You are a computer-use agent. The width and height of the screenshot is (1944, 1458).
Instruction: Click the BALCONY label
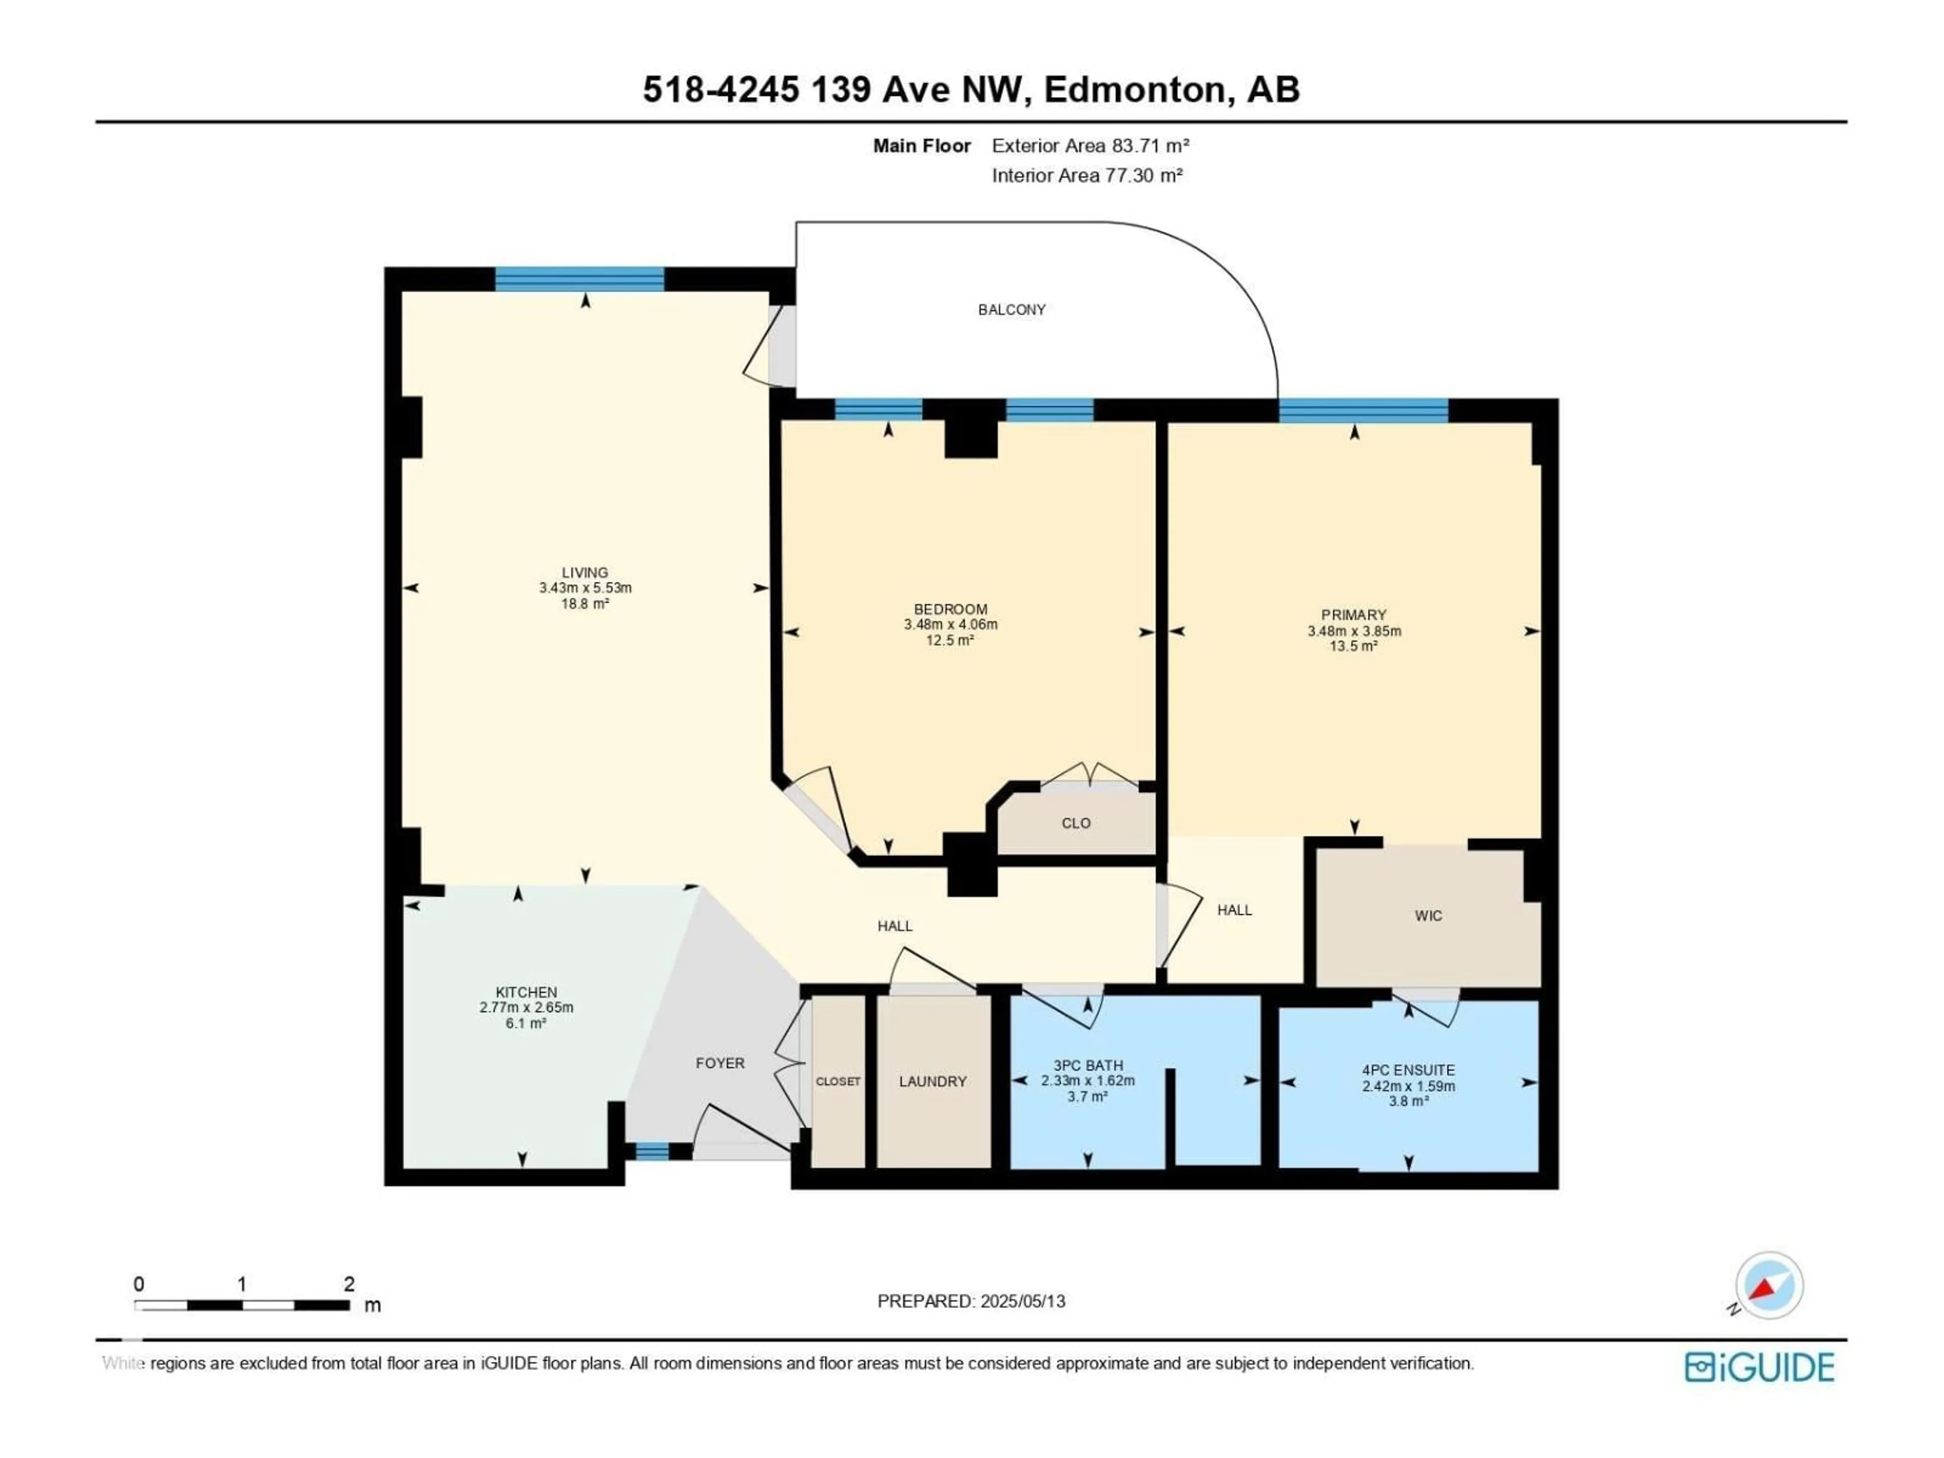coord(1011,309)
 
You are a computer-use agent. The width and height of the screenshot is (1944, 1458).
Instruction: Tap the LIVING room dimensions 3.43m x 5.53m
coord(585,588)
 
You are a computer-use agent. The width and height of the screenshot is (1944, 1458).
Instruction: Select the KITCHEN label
coord(525,992)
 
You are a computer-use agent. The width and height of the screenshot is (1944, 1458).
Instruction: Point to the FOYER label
coord(720,1063)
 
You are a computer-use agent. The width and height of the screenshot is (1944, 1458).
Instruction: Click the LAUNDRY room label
coord(933,1081)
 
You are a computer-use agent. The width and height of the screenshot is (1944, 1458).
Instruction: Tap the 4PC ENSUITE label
coord(1408,1070)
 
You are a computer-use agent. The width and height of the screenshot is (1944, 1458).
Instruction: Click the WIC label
coord(1428,916)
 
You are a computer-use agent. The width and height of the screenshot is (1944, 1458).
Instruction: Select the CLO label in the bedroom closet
coord(1076,824)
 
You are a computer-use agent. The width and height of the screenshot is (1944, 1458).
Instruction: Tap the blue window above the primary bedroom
coord(1363,411)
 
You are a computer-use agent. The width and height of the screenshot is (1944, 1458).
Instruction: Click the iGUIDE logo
coord(1759,1367)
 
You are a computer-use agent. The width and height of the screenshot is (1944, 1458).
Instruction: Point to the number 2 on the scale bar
coord(349,1284)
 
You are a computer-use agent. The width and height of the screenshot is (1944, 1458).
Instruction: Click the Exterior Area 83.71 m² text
coord(1090,146)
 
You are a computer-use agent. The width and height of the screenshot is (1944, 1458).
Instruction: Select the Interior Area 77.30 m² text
coord(1086,175)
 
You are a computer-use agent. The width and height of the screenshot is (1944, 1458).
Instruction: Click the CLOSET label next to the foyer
coord(837,1081)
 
